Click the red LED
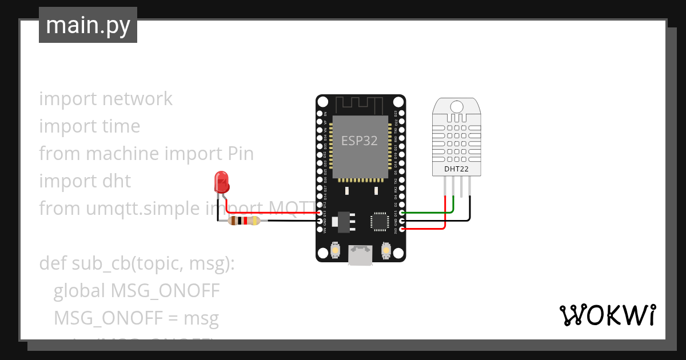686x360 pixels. click(x=221, y=182)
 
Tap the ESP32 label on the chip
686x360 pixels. click(x=360, y=141)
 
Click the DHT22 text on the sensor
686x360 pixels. click(x=457, y=169)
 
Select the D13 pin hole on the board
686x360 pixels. click(x=320, y=213)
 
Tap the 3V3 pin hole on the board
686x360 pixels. click(x=402, y=229)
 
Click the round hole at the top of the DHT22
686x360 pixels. click(x=457, y=106)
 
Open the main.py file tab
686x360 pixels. click(x=88, y=25)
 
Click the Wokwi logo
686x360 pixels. click(x=607, y=315)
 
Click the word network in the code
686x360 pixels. click(x=137, y=99)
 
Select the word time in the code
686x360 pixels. click(x=119, y=126)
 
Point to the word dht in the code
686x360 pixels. click(x=117, y=181)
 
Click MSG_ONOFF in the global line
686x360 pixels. click(x=165, y=291)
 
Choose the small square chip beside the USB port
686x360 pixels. click(x=380, y=221)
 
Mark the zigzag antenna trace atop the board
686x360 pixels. click(x=360, y=105)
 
